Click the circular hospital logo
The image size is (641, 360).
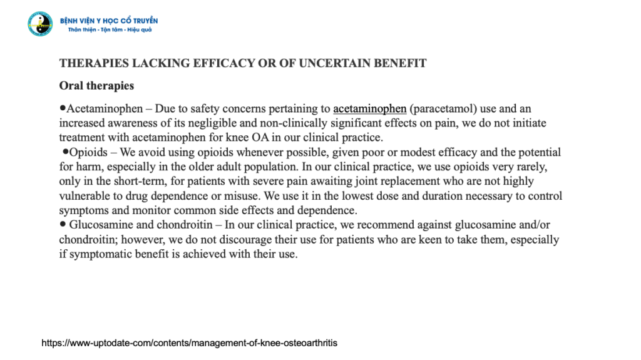40,24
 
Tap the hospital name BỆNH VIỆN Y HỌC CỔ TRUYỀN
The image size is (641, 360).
109,21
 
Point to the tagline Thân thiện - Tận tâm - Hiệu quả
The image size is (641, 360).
110,30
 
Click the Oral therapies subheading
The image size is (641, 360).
96,86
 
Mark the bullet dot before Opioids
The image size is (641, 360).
65,152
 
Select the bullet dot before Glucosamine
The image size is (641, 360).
63,224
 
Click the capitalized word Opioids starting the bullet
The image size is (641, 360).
88,152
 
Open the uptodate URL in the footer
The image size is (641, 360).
189,343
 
